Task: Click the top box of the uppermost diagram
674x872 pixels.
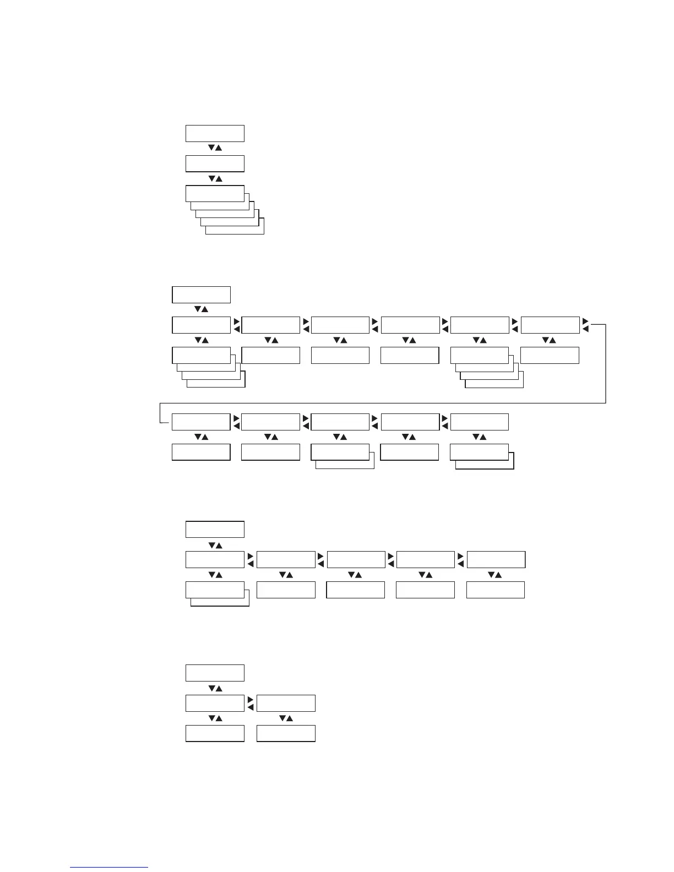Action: click(x=215, y=133)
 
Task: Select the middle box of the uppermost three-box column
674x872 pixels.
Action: click(x=215, y=163)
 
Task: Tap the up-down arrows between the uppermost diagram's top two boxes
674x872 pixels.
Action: click(x=215, y=148)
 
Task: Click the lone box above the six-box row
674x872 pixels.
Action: click(x=201, y=295)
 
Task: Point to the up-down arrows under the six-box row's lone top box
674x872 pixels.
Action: click(x=201, y=309)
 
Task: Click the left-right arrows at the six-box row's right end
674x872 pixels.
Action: click(x=585, y=325)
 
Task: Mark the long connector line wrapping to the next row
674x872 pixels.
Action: click(x=385, y=404)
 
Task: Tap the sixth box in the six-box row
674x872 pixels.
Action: click(x=550, y=325)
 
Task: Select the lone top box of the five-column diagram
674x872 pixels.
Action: click(x=215, y=529)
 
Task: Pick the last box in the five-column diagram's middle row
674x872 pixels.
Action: click(x=496, y=559)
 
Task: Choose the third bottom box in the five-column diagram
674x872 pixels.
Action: click(x=355, y=590)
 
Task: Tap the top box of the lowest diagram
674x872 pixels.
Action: click(x=215, y=673)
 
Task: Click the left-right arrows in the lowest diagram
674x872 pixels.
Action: click(x=250, y=703)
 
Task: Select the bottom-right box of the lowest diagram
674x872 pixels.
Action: click(x=286, y=733)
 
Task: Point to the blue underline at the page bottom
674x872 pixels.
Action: click(x=109, y=867)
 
